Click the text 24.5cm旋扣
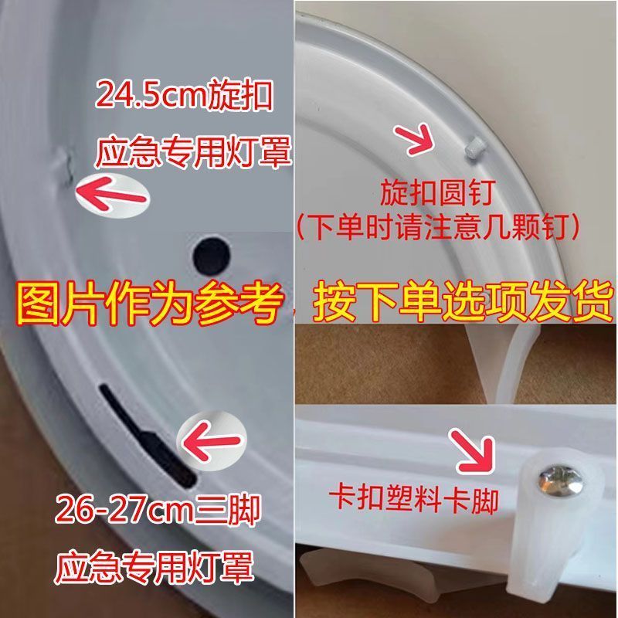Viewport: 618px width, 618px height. click(x=184, y=95)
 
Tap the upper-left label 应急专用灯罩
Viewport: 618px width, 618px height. click(x=193, y=151)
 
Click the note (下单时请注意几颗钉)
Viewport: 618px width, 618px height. click(x=437, y=227)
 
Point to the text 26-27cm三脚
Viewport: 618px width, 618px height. click(x=158, y=510)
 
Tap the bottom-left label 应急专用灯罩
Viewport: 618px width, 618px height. click(x=154, y=567)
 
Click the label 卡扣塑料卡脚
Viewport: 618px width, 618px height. click(x=414, y=499)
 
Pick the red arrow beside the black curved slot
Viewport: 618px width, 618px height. click(x=211, y=440)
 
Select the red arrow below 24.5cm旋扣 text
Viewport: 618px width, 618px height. click(x=111, y=195)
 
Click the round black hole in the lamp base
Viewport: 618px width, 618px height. click(x=212, y=256)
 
